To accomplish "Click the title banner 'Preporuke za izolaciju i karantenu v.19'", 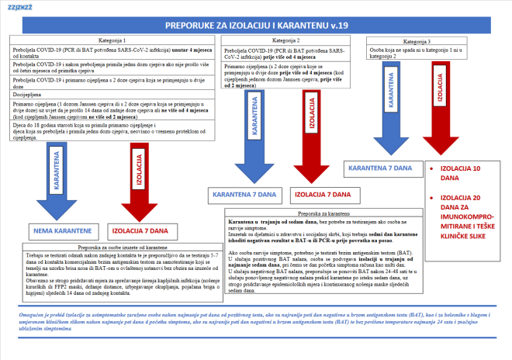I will (255, 24).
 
